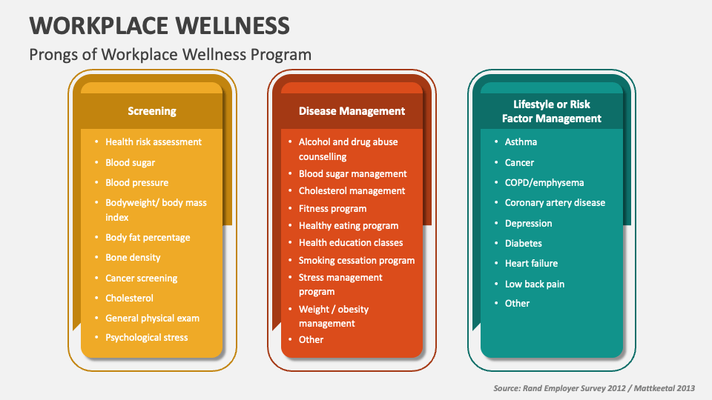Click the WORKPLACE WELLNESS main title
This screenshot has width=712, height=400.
click(159, 26)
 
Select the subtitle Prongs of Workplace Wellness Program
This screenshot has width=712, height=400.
click(170, 55)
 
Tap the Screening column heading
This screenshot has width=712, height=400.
click(152, 111)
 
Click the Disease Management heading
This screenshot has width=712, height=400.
click(352, 111)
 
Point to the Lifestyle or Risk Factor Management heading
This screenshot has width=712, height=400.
click(551, 111)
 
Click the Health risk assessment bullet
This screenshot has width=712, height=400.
click(154, 141)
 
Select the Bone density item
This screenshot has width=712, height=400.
click(133, 257)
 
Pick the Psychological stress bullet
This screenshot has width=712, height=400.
click(147, 337)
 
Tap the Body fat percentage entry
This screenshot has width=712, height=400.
click(148, 237)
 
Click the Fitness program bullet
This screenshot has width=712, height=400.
click(332, 208)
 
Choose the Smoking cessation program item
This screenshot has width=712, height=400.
click(357, 260)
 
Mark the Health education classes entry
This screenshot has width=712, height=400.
click(351, 242)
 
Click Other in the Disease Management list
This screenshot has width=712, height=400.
click(311, 339)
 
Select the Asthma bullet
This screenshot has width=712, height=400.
click(521, 141)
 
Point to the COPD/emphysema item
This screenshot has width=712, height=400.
click(544, 182)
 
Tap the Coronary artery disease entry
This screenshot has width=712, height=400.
click(555, 202)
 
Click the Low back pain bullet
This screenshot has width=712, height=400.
click(535, 284)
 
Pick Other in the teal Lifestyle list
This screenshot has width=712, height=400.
click(517, 303)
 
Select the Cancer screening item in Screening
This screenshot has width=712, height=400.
click(142, 278)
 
